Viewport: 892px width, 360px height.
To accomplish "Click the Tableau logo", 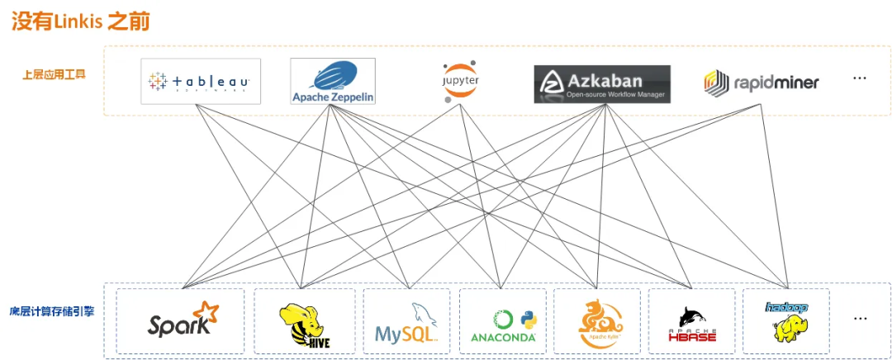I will pyautogui.click(x=201, y=81).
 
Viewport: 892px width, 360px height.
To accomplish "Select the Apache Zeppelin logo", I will pyautogui.click(x=333, y=81).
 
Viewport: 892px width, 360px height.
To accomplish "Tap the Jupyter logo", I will pyautogui.click(x=460, y=80).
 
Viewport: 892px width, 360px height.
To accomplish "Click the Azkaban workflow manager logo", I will pyautogui.click(x=601, y=83).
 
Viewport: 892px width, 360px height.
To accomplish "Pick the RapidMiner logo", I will pyautogui.click(x=762, y=82).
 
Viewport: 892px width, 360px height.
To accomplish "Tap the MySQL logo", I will pyautogui.click(x=406, y=323).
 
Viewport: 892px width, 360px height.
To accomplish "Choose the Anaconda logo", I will pyautogui.click(x=503, y=324).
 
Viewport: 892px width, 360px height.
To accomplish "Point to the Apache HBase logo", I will pyautogui.click(x=692, y=324).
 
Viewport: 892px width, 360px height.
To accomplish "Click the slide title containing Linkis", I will pyautogui.click(x=80, y=21).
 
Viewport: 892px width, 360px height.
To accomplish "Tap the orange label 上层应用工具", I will pyautogui.click(x=54, y=74).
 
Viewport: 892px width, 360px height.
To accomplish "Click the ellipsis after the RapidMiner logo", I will pyautogui.click(x=860, y=78).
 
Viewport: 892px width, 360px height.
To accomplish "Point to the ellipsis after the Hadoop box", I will pyautogui.click(x=861, y=318).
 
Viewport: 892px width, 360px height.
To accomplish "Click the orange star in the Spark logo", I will pyautogui.click(x=206, y=311).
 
